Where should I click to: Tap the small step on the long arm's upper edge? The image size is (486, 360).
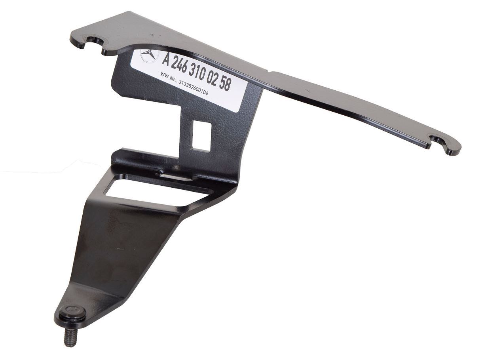[270, 73]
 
